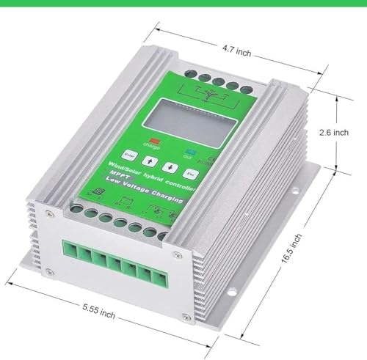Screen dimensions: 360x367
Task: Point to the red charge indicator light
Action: (154, 137)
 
